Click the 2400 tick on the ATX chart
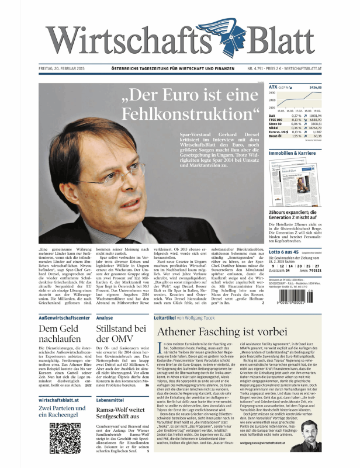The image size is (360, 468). click(x=272, y=93)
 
